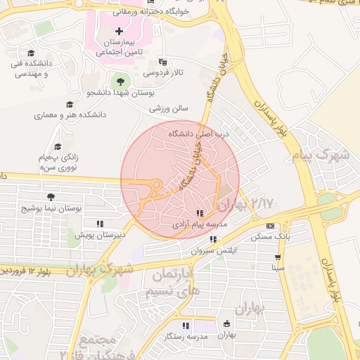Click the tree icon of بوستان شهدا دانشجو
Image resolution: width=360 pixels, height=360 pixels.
point(121,82)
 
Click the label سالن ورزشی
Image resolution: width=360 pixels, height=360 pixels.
point(169,109)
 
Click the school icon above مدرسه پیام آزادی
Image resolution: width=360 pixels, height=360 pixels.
point(200,213)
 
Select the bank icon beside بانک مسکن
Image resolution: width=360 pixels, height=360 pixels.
point(271,226)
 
